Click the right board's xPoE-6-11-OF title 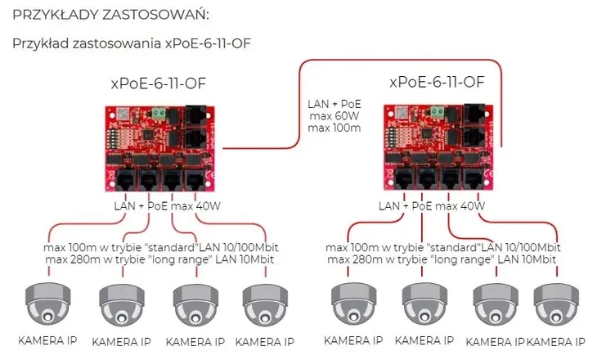pyautogui.click(x=437, y=82)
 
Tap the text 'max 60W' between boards pyautogui.click(x=334, y=117)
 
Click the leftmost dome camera pyautogui.click(x=48, y=304)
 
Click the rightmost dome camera pyautogui.click(x=556, y=304)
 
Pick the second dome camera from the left pyautogui.click(x=121, y=304)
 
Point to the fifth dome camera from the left pyautogui.click(x=352, y=304)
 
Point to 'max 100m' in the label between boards pyautogui.click(x=334, y=129)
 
